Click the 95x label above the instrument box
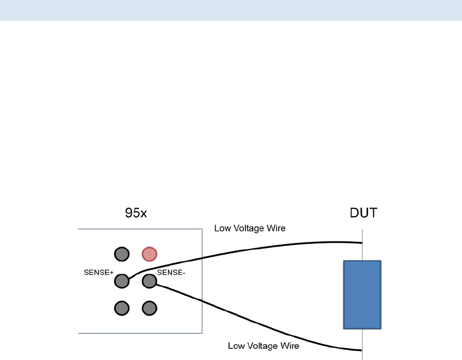click(136, 213)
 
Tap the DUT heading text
click(363, 213)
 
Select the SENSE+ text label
click(99, 272)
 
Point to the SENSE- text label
click(171, 272)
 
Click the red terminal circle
click(149, 254)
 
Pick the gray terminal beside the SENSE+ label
click(122, 281)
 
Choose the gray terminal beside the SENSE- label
click(149, 281)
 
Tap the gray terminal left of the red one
click(122, 254)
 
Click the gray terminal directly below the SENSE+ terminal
click(122, 308)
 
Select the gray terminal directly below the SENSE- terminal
click(149, 308)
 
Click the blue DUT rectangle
click(362, 295)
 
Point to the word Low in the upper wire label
click(223, 228)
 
